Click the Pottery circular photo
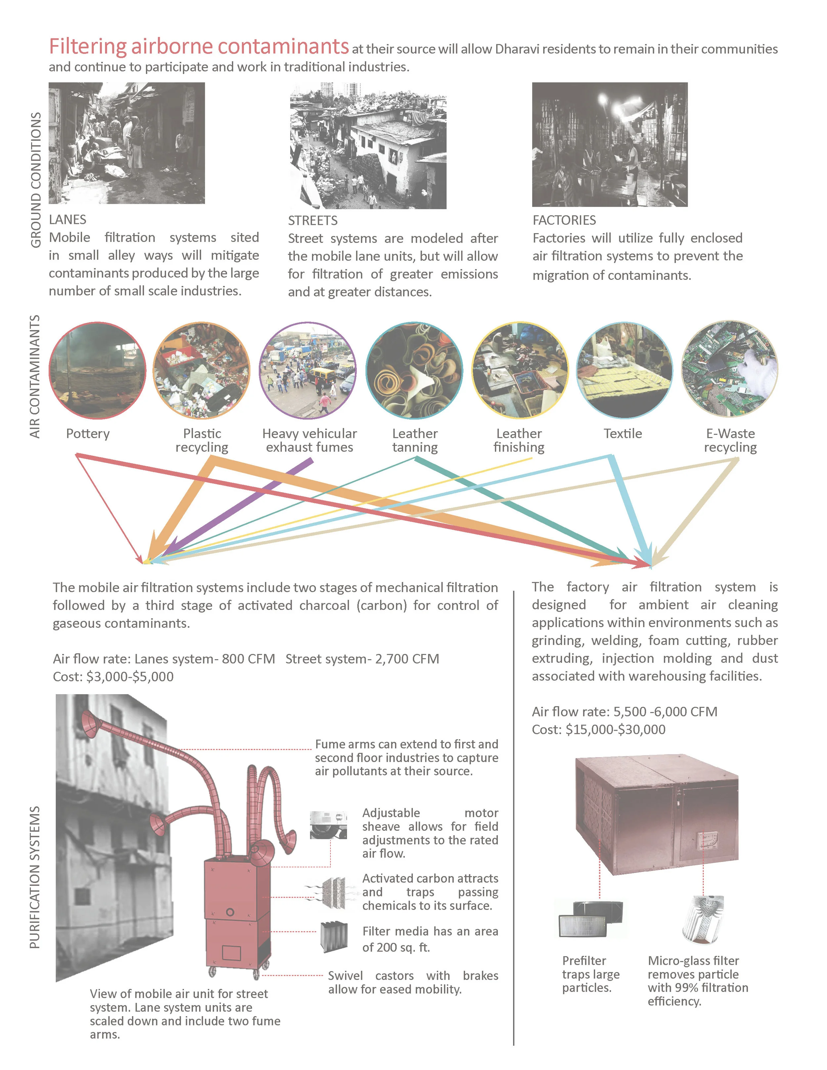(98, 370)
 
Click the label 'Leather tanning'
(414, 440)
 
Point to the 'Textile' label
(622, 434)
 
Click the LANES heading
(67, 220)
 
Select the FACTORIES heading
(564, 220)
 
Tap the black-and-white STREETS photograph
(368, 146)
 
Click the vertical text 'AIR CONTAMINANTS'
(34, 376)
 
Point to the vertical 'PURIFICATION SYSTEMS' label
(34, 877)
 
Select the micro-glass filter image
(703, 920)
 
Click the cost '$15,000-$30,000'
(615, 730)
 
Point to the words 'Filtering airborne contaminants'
(198, 47)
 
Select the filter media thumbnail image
(334, 937)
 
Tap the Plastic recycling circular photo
(201, 370)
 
